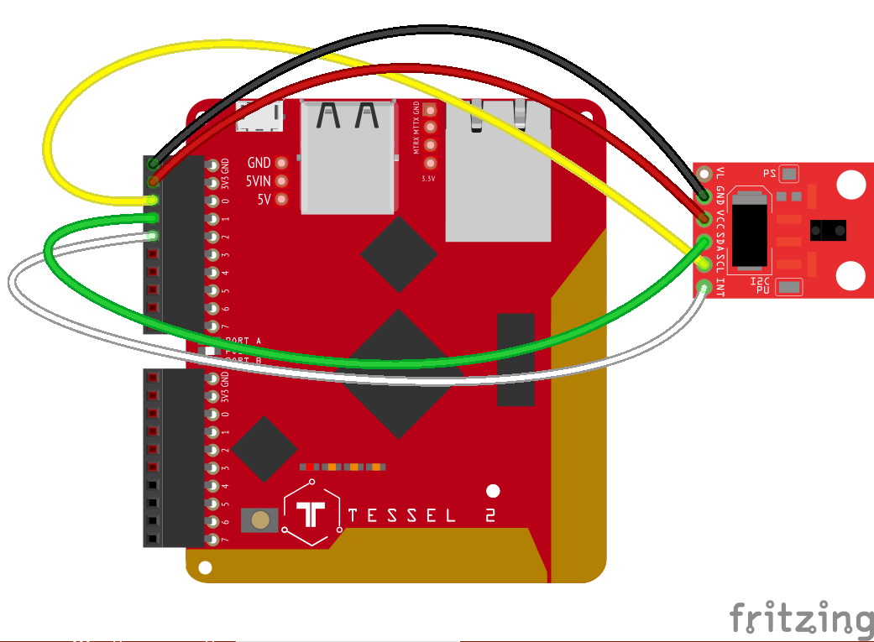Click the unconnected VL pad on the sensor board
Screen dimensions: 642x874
point(704,175)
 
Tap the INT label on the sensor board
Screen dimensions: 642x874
point(720,288)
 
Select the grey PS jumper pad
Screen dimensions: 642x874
point(789,174)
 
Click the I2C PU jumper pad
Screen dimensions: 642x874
point(789,287)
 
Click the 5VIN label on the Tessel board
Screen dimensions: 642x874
point(258,181)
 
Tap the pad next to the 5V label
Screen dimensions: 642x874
point(281,199)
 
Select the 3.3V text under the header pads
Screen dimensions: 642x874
point(429,179)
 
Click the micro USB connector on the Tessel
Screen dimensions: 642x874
point(259,117)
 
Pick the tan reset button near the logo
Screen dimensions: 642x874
point(261,519)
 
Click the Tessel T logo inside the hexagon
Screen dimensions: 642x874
point(312,514)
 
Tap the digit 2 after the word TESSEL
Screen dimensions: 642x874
point(489,515)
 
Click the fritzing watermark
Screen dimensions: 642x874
point(800,619)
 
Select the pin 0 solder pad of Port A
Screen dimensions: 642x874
point(212,201)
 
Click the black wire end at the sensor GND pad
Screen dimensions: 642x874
point(704,194)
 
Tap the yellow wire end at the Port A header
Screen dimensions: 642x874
point(153,200)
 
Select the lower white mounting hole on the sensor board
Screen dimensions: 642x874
point(851,275)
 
